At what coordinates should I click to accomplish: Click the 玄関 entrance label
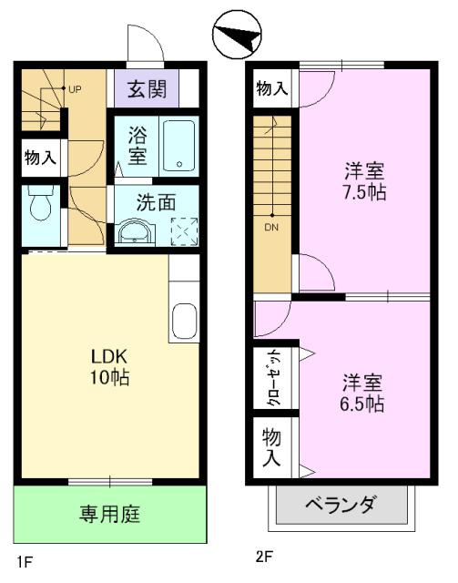(145, 89)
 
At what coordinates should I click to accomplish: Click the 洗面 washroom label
(156, 203)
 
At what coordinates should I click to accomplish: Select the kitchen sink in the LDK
(182, 322)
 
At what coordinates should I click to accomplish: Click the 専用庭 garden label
(108, 515)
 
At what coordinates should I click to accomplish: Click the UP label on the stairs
(73, 89)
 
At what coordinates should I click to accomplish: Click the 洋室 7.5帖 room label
(365, 179)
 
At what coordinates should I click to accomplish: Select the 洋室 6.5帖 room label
(363, 392)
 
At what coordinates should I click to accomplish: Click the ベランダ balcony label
(340, 505)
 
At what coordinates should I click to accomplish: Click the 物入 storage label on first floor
(40, 157)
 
